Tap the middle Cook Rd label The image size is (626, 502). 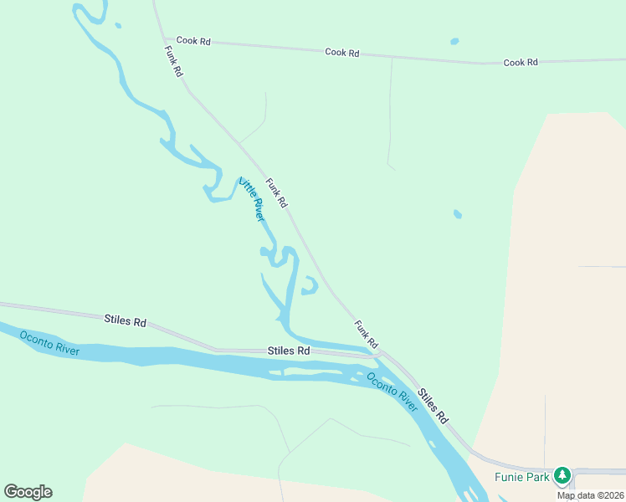pyautogui.click(x=341, y=53)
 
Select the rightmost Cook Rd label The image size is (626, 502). pyautogui.click(x=521, y=63)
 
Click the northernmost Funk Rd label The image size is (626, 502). pyautogui.click(x=173, y=61)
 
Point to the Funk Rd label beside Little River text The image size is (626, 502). pyautogui.click(x=277, y=192)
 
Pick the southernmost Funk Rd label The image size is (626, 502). pyautogui.click(x=367, y=334)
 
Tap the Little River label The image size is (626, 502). pyautogui.click(x=252, y=198)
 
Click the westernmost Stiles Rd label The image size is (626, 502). pyautogui.click(x=126, y=320)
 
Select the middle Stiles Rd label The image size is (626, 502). pyautogui.click(x=289, y=351)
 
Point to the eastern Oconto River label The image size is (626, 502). pyautogui.click(x=392, y=390)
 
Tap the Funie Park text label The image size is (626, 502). pyautogui.click(x=521, y=477)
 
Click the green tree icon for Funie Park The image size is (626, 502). pyautogui.click(x=562, y=476)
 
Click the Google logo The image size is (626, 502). pyautogui.click(x=28, y=492)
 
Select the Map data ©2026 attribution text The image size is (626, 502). pyautogui.click(x=591, y=495)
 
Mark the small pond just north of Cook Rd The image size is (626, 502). pyautogui.click(x=454, y=41)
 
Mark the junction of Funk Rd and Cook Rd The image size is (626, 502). pyautogui.click(x=165, y=38)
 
